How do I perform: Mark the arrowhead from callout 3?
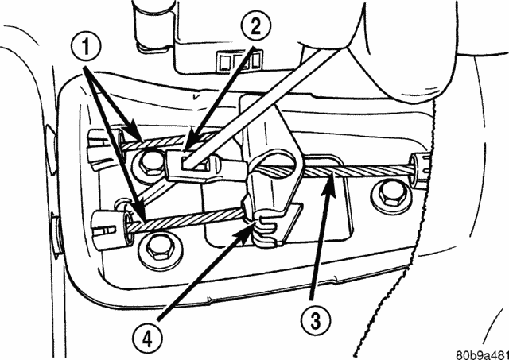[336, 176]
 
